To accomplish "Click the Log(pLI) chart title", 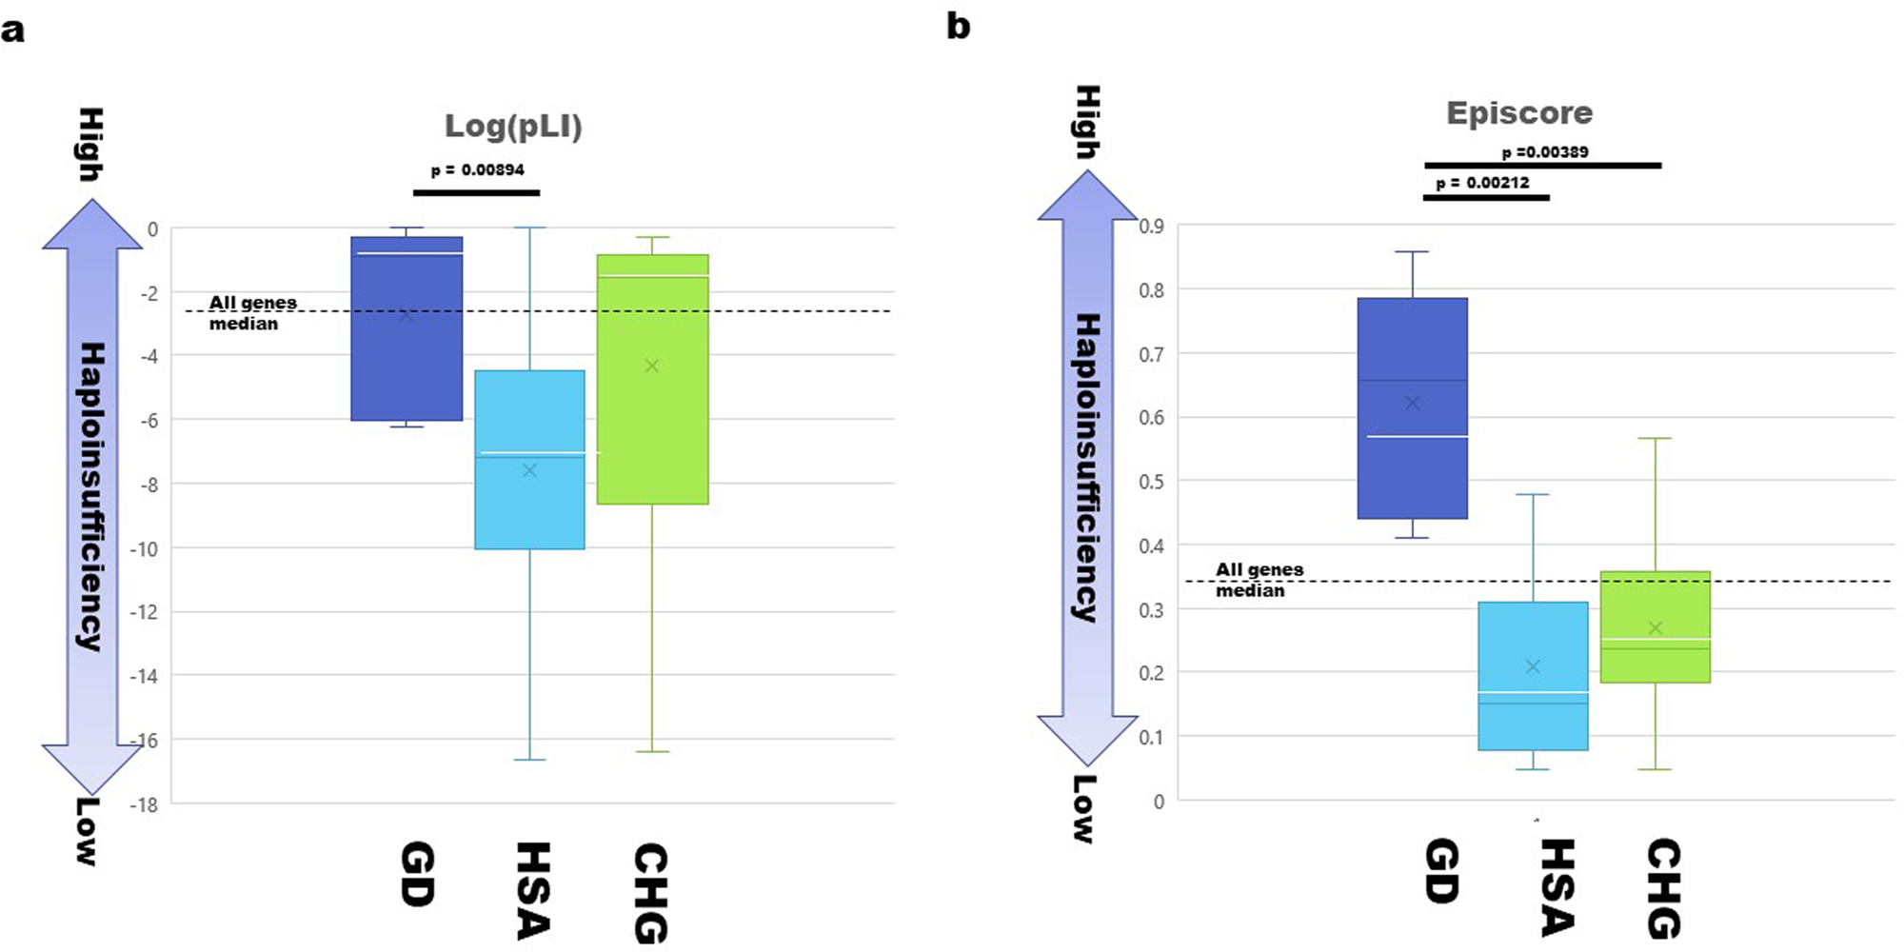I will pos(513,127).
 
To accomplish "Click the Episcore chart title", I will pos(1518,113).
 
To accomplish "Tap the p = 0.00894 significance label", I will pos(477,170).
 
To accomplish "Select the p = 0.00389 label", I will pos(1544,152).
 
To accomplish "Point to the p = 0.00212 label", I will pos(1482,183).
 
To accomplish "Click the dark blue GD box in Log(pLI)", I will pos(407,362).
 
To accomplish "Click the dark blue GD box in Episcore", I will pos(1412,476).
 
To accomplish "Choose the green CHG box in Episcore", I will pos(1655,600).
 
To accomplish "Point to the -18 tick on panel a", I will pos(148,804).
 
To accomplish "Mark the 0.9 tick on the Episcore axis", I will pos(1152,227).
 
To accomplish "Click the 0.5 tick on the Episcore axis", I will pos(1152,482).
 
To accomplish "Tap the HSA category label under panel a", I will pos(532,890).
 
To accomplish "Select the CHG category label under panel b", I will pos(1663,887).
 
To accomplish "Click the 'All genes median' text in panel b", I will pos(1259,580).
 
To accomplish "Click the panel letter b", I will pos(958,27).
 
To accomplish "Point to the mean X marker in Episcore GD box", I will pos(1413,403).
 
